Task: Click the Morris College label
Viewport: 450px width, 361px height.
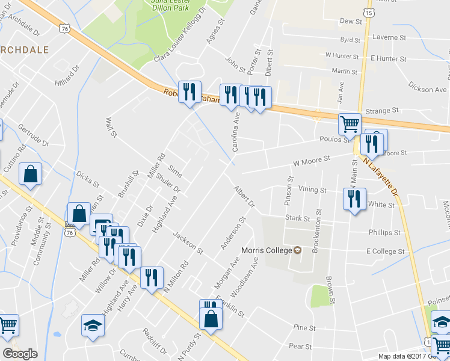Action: [266, 250]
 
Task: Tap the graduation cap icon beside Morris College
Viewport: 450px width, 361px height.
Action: [297, 250]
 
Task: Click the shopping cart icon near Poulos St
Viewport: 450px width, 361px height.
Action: [350, 124]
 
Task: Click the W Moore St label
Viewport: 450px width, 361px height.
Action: [312, 160]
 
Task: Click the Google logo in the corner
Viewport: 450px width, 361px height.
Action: [20, 354]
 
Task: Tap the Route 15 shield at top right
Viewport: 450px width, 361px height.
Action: [368, 12]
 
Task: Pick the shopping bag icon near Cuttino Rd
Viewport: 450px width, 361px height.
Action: [31, 174]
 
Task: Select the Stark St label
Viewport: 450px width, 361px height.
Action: [297, 218]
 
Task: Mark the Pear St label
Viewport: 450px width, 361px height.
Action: [300, 347]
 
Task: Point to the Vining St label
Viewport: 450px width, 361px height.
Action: [312, 190]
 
